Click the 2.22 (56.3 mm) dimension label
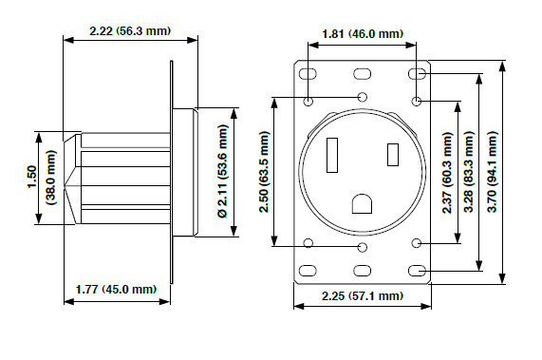pyautogui.click(x=129, y=30)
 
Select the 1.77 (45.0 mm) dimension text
pyautogui.click(x=116, y=289)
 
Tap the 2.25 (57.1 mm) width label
pyautogui.click(x=363, y=296)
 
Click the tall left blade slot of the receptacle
pyautogui.click(x=333, y=156)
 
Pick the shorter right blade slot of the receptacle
pyautogui.click(x=391, y=153)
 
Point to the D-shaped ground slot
pyautogui.click(x=363, y=203)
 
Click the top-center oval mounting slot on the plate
pyautogui.click(x=363, y=74)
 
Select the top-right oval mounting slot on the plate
pyautogui.click(x=417, y=74)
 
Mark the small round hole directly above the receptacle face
pyautogui.click(x=363, y=98)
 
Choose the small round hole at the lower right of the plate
pyautogui.click(x=417, y=244)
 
